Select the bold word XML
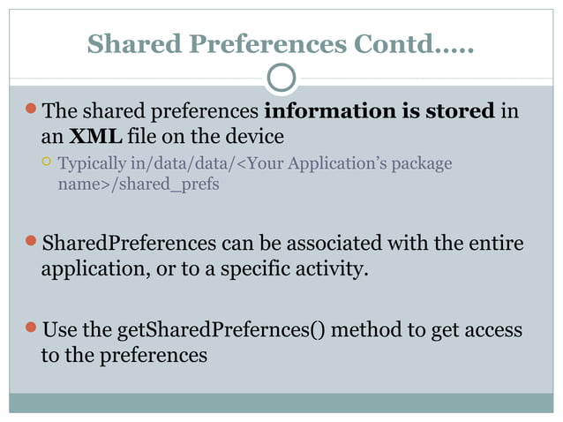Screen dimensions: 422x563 95,137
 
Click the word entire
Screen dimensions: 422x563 496,243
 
